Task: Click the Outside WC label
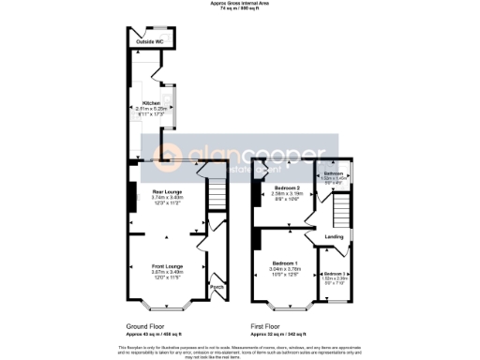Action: coord(145,41)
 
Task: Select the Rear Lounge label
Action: coord(166,192)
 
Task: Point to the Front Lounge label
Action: coord(166,267)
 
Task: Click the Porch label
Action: coord(216,287)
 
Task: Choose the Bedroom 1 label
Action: coord(285,262)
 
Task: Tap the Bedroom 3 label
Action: coord(336,273)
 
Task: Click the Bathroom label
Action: coord(335,174)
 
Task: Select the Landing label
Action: coord(334,236)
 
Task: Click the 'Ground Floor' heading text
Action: coord(149,328)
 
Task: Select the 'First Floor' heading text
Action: coord(266,328)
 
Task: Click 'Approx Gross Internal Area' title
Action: coord(240,4)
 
